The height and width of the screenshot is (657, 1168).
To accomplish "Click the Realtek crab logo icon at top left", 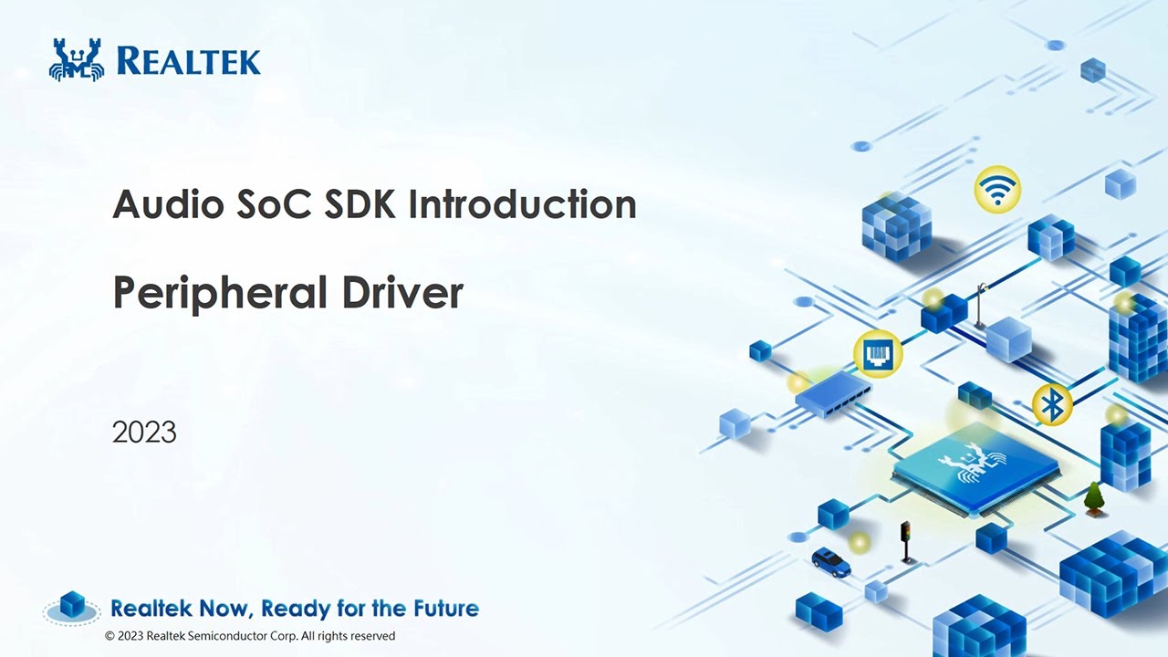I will (77, 60).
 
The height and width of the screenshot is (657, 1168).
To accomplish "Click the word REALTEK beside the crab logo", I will (189, 61).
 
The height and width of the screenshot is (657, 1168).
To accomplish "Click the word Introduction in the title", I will (522, 204).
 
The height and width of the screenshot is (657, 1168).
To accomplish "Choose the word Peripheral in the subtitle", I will (219, 294).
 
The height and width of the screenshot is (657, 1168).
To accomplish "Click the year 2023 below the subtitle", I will (144, 432).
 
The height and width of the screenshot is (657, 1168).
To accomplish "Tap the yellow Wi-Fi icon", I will (996, 189).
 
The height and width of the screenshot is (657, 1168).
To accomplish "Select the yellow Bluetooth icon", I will (1052, 404).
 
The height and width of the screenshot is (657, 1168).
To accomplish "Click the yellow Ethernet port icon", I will (878, 353).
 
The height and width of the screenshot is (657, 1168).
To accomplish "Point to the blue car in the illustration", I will (830, 561).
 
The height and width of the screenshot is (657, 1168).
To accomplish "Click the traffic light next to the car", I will (905, 540).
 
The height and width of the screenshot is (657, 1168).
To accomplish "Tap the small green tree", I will (1093, 498).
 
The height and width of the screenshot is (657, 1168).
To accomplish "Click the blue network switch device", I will (832, 394).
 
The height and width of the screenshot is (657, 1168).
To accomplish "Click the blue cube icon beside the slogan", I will (72, 605).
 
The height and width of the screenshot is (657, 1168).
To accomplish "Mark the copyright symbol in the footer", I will (110, 636).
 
